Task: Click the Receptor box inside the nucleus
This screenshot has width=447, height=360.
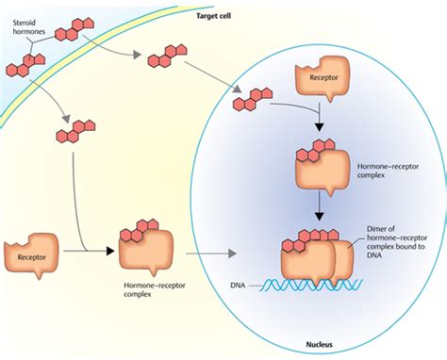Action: (323, 78)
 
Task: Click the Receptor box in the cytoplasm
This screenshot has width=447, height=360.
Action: (32, 253)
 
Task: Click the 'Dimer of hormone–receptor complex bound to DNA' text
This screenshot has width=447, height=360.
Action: (396, 246)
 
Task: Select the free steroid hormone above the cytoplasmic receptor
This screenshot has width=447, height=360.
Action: (75, 132)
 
